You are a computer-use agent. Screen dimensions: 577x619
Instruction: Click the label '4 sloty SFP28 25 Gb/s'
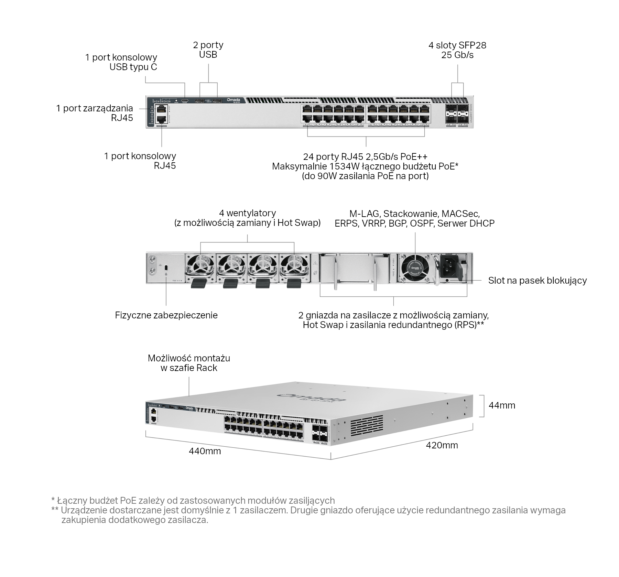coord(457,50)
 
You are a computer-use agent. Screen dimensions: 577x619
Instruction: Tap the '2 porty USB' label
coord(208,50)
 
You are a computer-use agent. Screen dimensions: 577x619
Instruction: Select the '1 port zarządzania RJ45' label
coord(95,113)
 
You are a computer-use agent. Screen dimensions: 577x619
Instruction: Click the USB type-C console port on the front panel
coord(185,101)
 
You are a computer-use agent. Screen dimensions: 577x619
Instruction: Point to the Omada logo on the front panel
coord(236,100)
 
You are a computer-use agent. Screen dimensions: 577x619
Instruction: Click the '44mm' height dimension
coord(502,405)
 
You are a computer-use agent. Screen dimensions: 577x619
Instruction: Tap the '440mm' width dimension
coord(205,451)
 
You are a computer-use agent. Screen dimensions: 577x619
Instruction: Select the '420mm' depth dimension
coord(442,446)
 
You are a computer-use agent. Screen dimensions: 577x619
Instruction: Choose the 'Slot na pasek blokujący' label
coord(537,281)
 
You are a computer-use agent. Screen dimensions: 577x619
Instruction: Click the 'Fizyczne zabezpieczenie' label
coord(166,315)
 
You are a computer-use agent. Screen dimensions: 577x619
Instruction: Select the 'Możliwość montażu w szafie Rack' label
coord(189,363)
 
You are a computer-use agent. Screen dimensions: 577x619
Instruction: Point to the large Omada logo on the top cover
coord(312,398)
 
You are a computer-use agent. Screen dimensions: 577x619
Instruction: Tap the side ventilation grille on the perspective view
coord(367,426)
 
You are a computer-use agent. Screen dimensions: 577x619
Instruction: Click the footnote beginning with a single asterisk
coord(193,500)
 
